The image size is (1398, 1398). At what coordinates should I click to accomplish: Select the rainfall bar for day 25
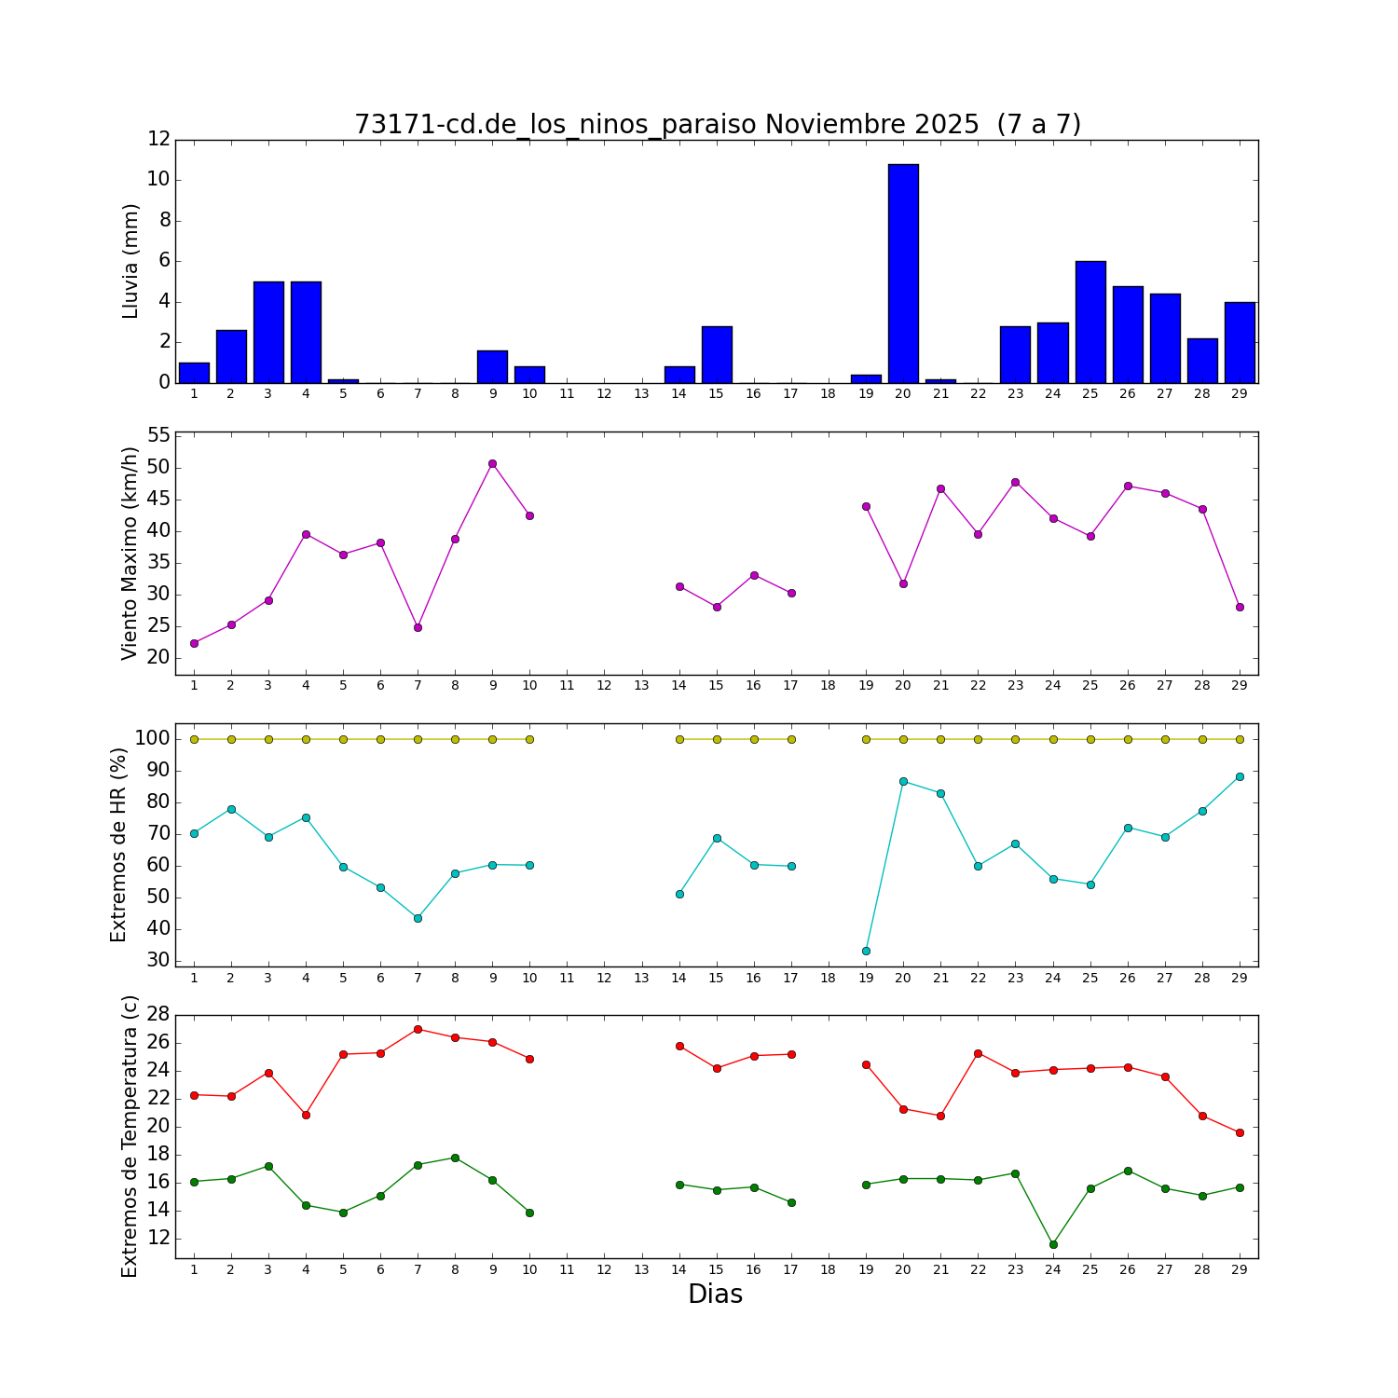[x=1090, y=322]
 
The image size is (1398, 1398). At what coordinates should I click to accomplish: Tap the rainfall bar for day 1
[x=194, y=373]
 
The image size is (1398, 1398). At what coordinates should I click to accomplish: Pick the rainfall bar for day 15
[x=717, y=354]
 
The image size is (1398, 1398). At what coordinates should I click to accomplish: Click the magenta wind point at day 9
[x=492, y=463]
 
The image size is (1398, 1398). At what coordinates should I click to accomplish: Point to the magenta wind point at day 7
[x=418, y=627]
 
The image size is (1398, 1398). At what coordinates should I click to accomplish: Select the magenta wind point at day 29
[x=1240, y=607]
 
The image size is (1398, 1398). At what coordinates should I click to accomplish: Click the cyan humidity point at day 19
[x=866, y=951]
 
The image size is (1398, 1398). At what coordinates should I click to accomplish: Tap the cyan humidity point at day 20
[x=903, y=781]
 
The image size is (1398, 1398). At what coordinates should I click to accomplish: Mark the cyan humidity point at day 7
[x=418, y=918]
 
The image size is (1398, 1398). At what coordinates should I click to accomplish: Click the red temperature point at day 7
[x=418, y=1029]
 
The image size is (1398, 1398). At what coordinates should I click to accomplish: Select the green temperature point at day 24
[x=1053, y=1244]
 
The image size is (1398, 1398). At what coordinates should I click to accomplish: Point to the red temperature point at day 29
[x=1240, y=1132]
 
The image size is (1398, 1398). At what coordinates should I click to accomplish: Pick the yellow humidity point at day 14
[x=679, y=739]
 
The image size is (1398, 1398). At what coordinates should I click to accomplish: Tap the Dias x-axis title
[x=715, y=1295]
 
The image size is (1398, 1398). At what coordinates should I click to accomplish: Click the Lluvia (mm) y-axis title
[x=130, y=261]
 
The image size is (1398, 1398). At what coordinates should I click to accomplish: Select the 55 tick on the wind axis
[x=159, y=435]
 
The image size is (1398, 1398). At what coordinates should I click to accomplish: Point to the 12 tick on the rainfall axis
[x=159, y=139]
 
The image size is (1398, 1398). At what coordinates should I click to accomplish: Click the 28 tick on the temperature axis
[x=159, y=1014]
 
